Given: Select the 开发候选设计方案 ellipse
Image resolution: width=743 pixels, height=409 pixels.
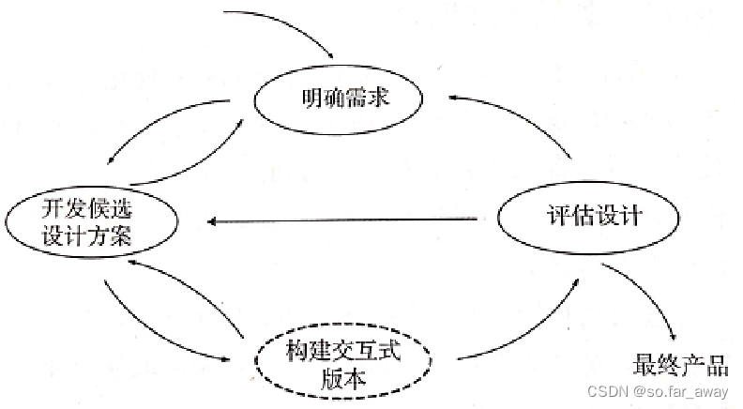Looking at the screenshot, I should pyautogui.click(x=92, y=221).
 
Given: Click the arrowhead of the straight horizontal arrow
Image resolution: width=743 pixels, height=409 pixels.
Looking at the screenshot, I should pyautogui.click(x=214, y=221).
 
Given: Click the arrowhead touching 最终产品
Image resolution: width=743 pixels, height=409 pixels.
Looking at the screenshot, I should pyautogui.click(x=671, y=341).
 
